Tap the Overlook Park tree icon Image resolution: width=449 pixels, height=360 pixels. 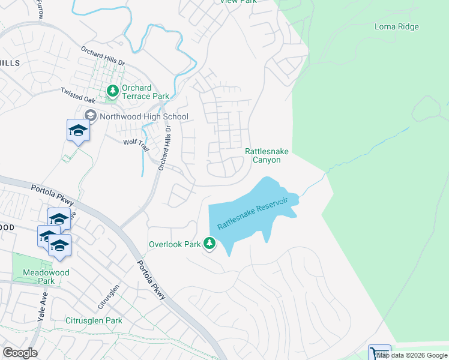click(209, 244)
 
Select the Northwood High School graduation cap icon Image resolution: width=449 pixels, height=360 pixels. click(91, 116)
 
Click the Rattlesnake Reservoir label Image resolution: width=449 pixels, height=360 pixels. click(253, 213)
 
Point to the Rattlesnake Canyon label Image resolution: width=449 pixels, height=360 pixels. click(263, 156)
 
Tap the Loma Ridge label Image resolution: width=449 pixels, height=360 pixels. click(396, 26)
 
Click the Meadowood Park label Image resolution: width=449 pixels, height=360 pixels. click(46, 277)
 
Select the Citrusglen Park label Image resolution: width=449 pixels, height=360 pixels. click(94, 320)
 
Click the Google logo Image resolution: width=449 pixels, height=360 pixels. click(20, 353)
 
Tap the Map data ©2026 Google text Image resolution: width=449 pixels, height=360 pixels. click(412, 355)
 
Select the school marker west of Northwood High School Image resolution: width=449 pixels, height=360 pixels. click(78, 131)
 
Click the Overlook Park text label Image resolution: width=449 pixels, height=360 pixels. click(174, 245)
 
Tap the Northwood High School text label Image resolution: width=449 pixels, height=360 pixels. click(144, 116)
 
